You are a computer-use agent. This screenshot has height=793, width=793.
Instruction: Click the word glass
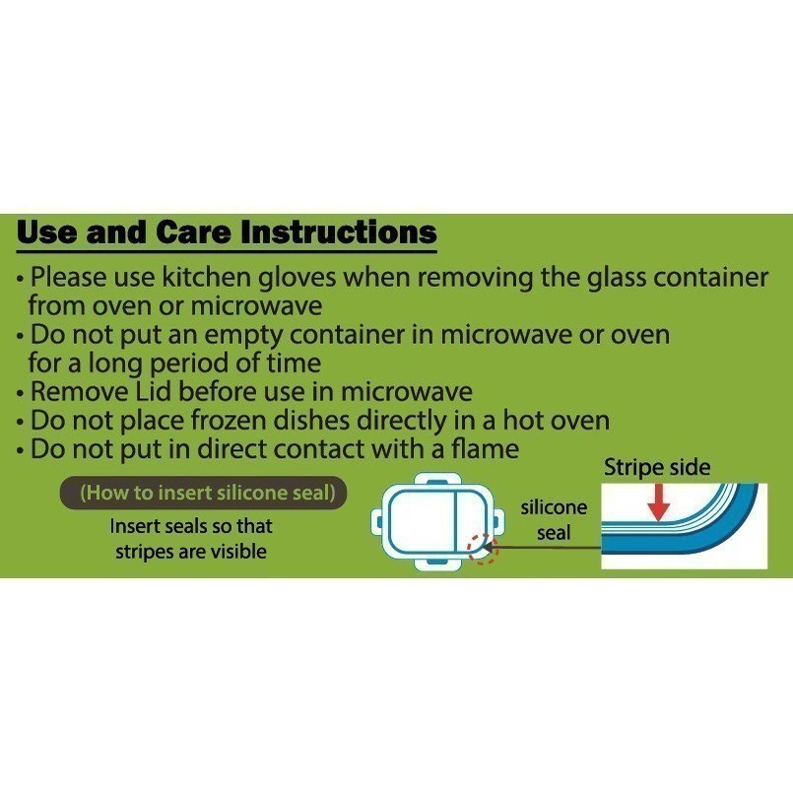[x=617, y=278]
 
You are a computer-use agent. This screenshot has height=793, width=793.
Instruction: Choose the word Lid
[x=153, y=391]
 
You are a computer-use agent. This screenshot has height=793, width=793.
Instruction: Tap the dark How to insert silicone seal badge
[x=203, y=493]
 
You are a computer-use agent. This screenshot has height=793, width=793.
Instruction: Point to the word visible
[x=238, y=552]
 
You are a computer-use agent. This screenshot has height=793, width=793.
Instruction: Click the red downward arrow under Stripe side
[x=658, y=502]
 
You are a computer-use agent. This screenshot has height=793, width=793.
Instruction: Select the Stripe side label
[x=657, y=467]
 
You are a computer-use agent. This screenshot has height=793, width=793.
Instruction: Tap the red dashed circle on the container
[x=483, y=550]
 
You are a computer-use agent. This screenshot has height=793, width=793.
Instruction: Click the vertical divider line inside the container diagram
[x=457, y=521]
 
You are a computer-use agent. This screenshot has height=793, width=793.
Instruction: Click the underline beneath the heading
[x=227, y=251]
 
